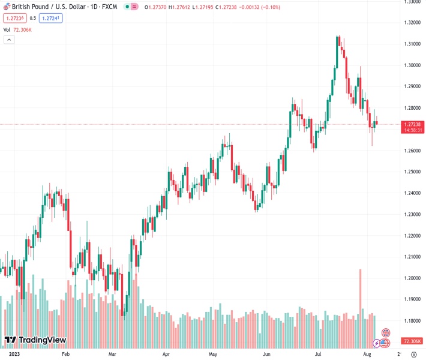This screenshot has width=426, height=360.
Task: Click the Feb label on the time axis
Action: click(x=65, y=354)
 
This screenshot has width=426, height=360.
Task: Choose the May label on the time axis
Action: click(x=212, y=354)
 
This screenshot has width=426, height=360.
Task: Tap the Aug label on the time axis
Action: click(x=367, y=354)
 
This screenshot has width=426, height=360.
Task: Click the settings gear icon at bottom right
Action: click(x=413, y=354)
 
